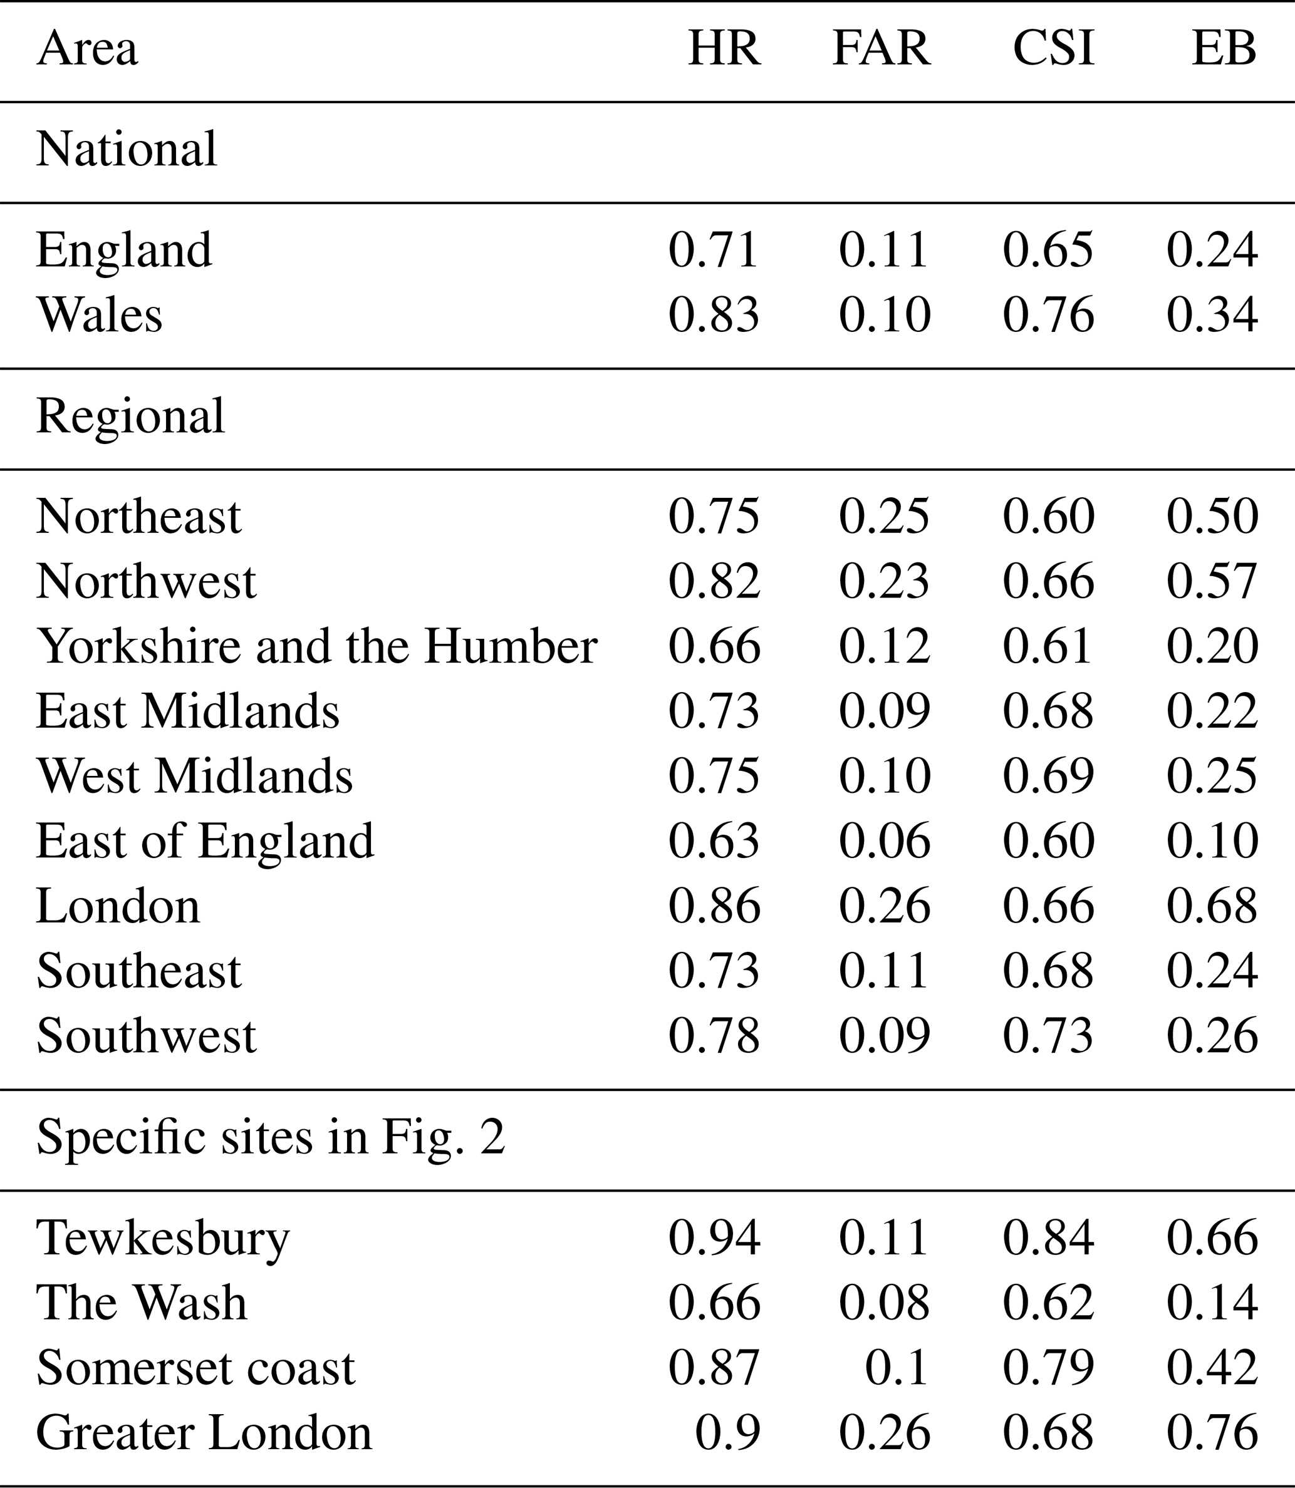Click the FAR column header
click(881, 48)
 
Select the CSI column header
click(1053, 48)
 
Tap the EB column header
click(1224, 48)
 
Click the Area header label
click(86, 48)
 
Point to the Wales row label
click(99, 315)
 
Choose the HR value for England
click(713, 250)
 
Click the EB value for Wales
click(1212, 315)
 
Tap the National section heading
click(127, 149)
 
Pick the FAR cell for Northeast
click(884, 517)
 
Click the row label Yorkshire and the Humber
click(316, 646)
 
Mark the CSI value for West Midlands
click(1048, 776)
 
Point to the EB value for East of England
click(1212, 841)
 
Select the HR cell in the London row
click(713, 906)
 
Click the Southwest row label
click(146, 1036)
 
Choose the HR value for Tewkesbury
click(713, 1237)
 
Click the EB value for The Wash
click(1212, 1303)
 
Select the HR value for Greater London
click(727, 1432)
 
